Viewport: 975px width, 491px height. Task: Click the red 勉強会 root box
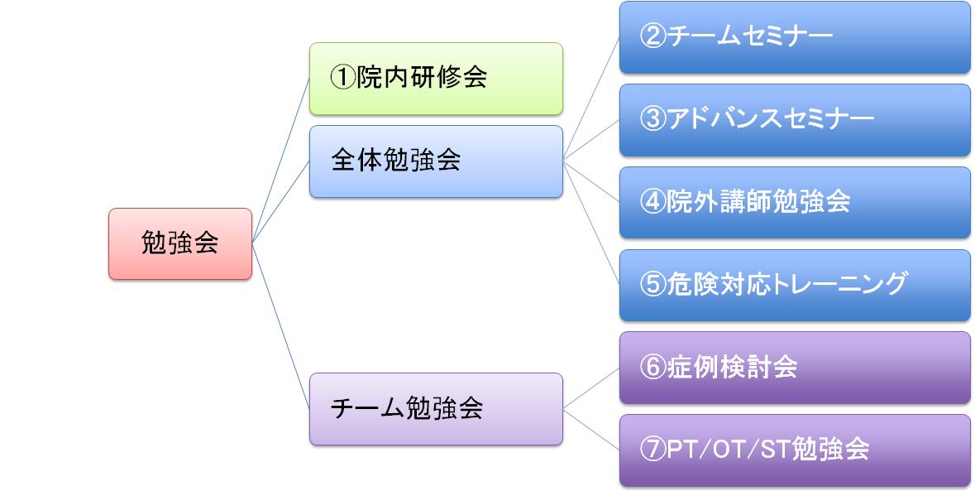pyautogui.click(x=180, y=244)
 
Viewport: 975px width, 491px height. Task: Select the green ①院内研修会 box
pyautogui.click(x=436, y=79)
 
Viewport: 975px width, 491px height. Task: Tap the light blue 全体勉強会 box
pyautogui.click(x=436, y=161)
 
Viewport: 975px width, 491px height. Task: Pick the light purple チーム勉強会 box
pyautogui.click(x=436, y=409)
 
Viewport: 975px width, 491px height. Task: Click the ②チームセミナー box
pyautogui.click(x=795, y=37)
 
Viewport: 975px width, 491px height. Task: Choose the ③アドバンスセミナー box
pyautogui.click(x=795, y=120)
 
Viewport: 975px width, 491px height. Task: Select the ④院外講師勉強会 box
pyautogui.click(x=795, y=202)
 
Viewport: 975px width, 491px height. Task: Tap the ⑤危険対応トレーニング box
pyautogui.click(x=795, y=285)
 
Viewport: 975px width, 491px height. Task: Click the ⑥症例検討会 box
pyautogui.click(x=795, y=368)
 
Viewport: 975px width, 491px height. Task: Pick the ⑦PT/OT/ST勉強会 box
pyautogui.click(x=795, y=450)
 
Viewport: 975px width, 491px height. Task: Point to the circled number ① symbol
pyautogui.click(x=342, y=78)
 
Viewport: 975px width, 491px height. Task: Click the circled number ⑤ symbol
pyautogui.click(x=653, y=284)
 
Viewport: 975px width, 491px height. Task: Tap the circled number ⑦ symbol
pyautogui.click(x=653, y=450)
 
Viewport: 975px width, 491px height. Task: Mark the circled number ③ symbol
pyautogui.click(x=653, y=119)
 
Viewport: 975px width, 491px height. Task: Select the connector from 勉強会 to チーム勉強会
pyautogui.click(x=281, y=326)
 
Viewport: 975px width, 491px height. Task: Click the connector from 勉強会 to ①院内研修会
pyautogui.click(x=281, y=161)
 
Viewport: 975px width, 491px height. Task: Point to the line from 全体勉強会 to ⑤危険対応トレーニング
pyautogui.click(x=591, y=223)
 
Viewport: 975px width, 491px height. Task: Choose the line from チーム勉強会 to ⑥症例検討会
pyautogui.click(x=591, y=388)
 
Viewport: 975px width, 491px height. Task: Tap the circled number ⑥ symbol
pyautogui.click(x=653, y=367)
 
